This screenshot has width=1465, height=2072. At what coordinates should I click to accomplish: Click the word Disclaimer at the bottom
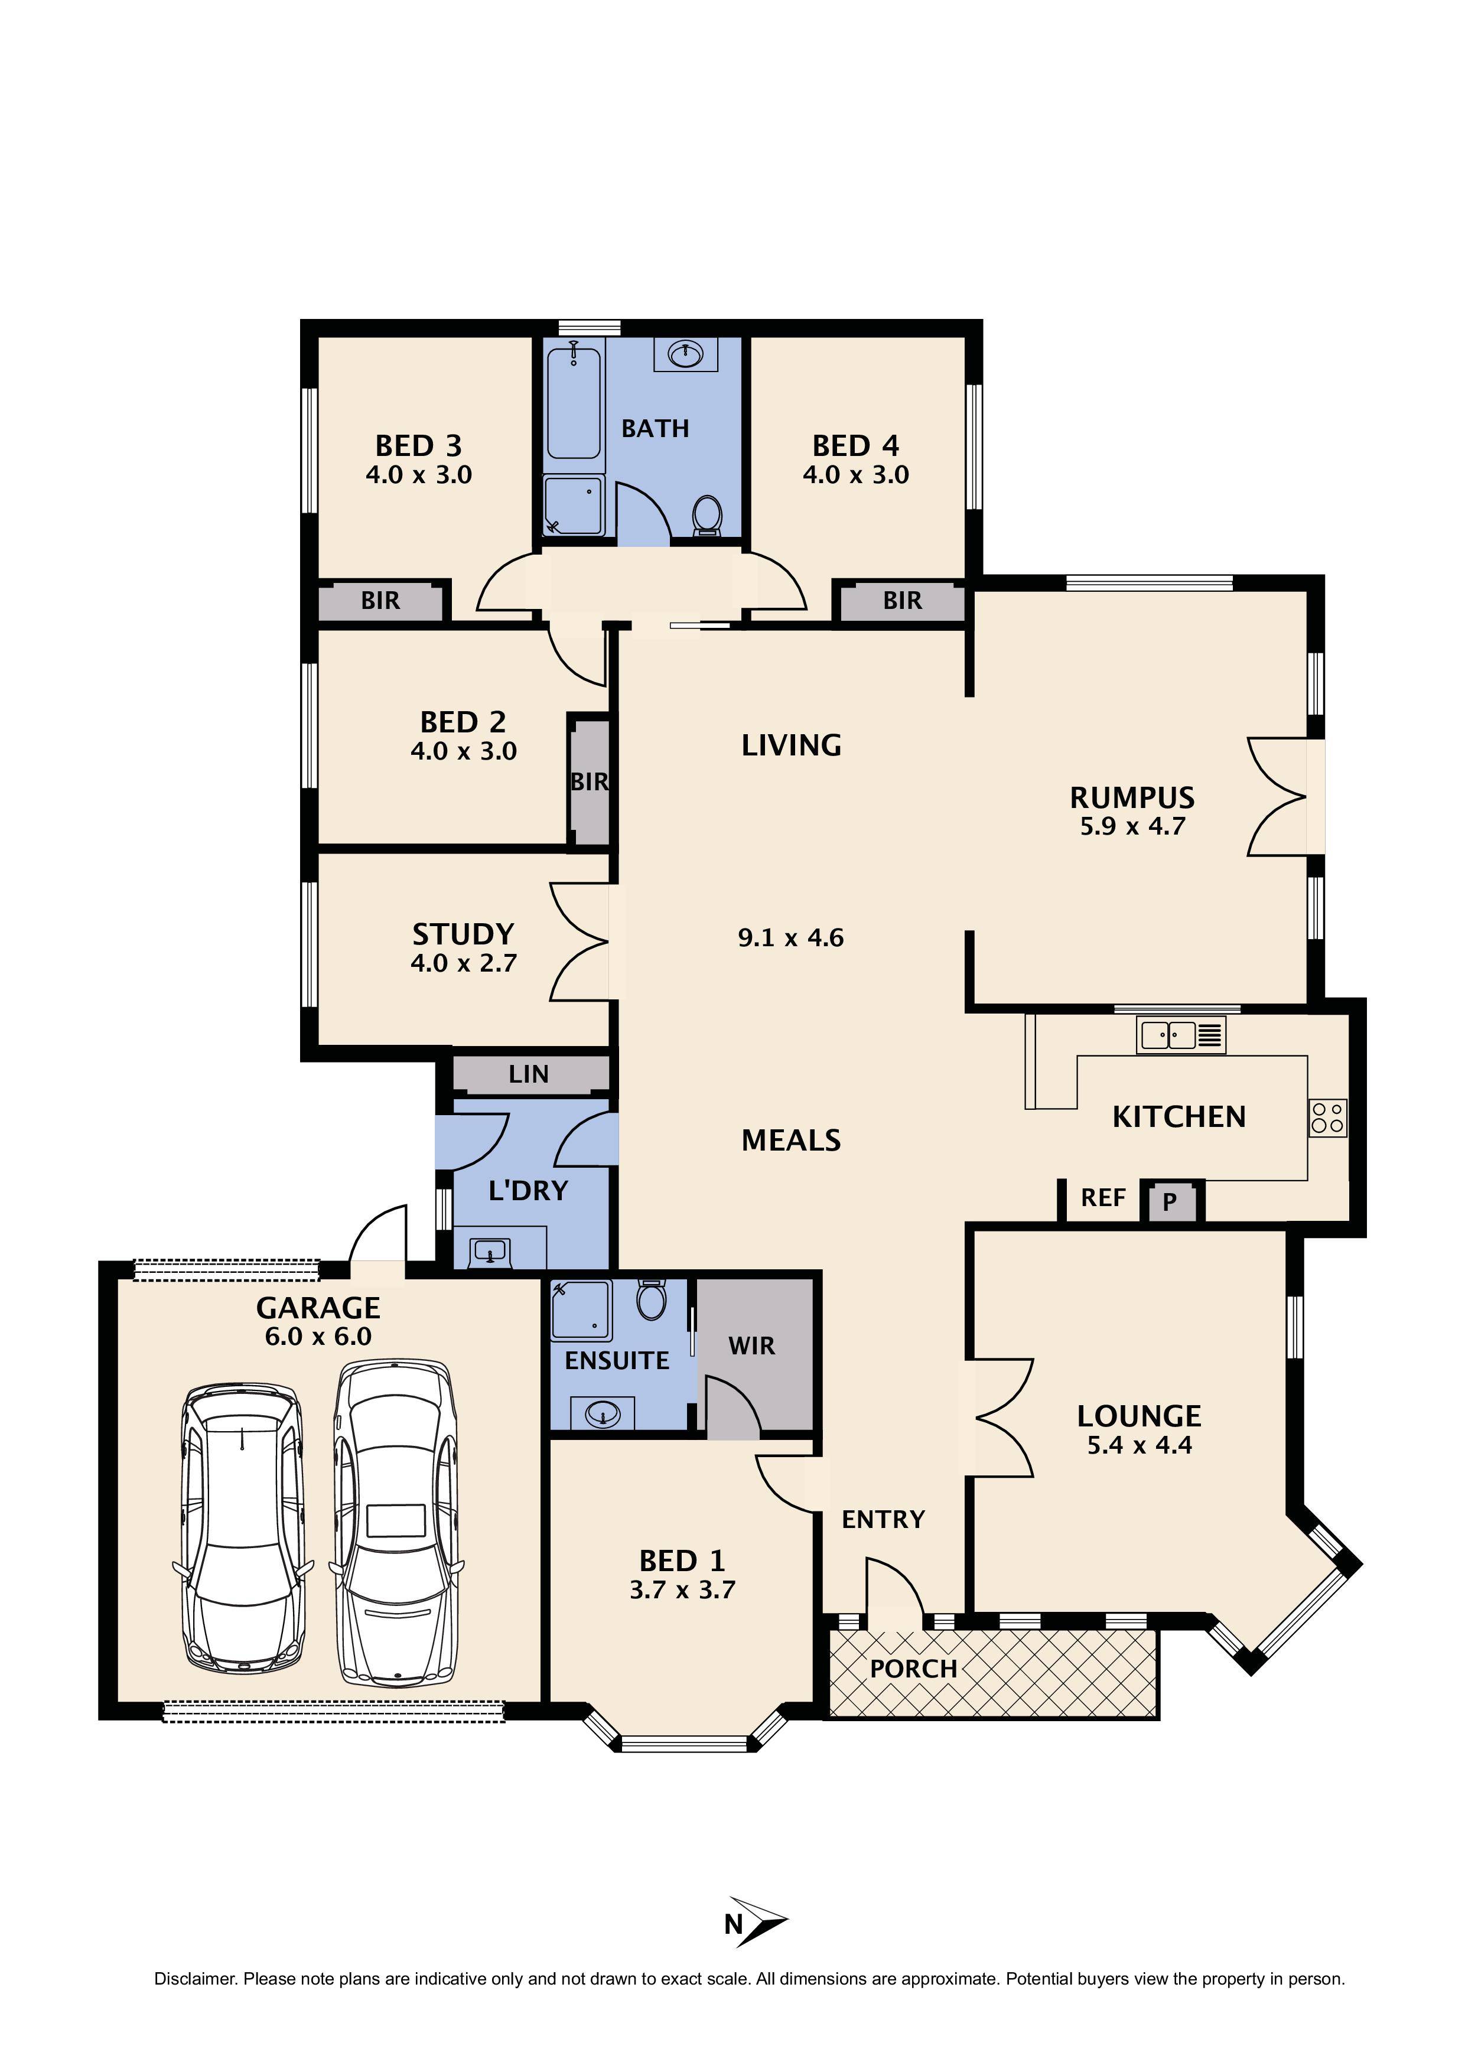pos(194,1979)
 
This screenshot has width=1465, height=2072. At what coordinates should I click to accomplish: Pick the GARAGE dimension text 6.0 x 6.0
pos(318,1337)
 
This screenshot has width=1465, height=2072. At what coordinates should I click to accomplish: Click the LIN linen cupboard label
pos(528,1074)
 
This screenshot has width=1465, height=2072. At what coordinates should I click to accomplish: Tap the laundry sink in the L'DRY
pos(490,1253)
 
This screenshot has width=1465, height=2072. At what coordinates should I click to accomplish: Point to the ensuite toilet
pos(651,1299)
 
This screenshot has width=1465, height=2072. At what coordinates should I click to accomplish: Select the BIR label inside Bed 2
pos(590,781)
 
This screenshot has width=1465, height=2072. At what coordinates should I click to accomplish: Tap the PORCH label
pos(913,1669)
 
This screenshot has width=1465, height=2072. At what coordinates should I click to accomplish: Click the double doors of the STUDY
pos(581,942)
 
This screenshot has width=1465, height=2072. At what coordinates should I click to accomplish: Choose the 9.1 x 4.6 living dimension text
pos(791,937)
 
